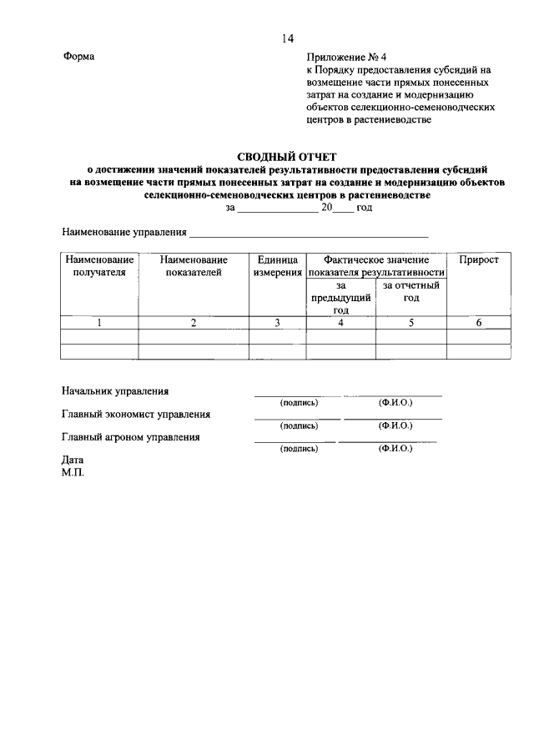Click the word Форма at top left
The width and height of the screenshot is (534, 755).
[x=79, y=57]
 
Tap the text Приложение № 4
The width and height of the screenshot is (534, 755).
[x=346, y=57]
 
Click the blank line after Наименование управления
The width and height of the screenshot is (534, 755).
[x=309, y=231]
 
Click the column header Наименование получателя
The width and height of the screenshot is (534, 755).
[x=99, y=266]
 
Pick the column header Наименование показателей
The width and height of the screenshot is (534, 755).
[x=193, y=266]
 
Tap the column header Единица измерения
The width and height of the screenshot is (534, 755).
[x=278, y=266]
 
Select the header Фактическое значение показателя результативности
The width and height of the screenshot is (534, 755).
[x=376, y=266]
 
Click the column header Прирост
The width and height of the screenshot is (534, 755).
[x=479, y=260]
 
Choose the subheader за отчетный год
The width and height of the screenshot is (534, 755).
[x=411, y=291]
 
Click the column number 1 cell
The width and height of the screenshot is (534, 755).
[x=99, y=323]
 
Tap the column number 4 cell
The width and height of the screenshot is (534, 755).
[x=340, y=323]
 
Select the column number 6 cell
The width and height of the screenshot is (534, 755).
[x=479, y=323]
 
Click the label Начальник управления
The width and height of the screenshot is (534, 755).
[x=115, y=390]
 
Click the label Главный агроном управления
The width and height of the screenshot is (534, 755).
[x=130, y=436]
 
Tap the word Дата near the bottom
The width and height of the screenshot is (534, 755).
[x=73, y=460]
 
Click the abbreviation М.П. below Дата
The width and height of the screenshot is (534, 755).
[x=73, y=471]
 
